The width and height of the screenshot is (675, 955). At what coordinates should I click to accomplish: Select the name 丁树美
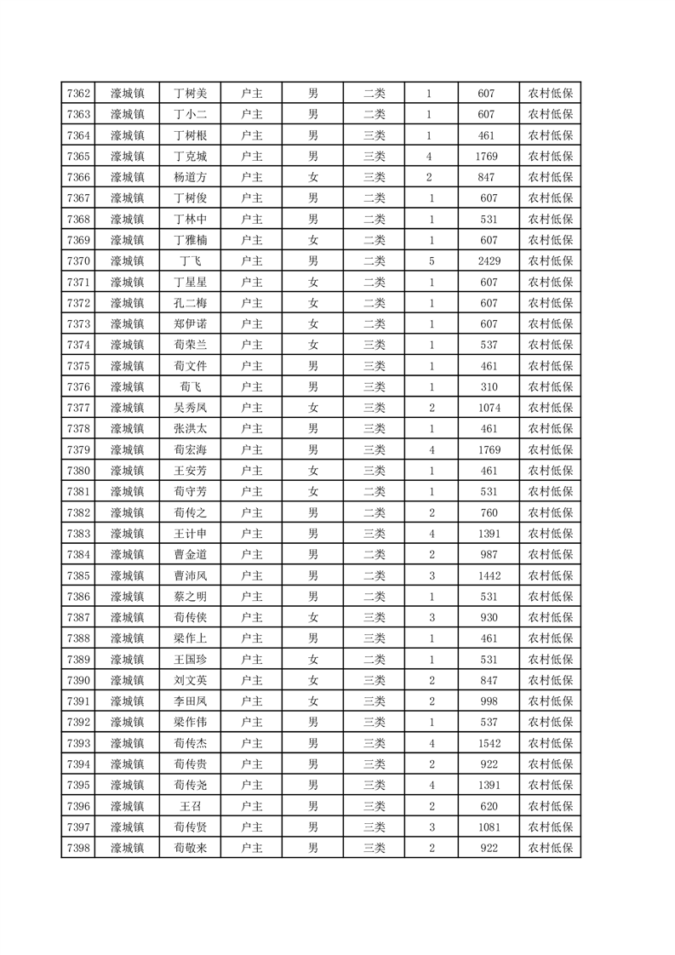click(191, 94)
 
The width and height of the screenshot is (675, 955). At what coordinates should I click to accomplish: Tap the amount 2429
click(489, 260)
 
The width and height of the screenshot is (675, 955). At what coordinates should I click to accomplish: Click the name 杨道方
click(191, 177)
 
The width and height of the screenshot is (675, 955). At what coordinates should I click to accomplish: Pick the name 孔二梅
click(191, 302)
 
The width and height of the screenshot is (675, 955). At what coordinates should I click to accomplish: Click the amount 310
click(489, 386)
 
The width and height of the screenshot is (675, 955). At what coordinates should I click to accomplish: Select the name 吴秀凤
click(191, 407)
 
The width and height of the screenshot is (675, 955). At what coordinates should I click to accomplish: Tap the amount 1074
click(489, 407)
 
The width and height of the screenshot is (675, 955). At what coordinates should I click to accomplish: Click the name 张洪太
click(191, 428)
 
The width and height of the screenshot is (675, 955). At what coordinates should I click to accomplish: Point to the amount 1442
click(489, 575)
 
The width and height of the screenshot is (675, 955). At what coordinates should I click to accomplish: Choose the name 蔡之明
click(191, 596)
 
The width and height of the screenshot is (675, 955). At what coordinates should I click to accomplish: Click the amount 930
click(489, 617)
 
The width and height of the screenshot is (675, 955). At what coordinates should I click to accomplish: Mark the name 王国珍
click(191, 659)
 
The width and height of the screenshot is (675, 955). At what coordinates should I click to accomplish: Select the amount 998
click(489, 701)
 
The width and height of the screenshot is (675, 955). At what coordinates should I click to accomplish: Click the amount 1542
click(489, 742)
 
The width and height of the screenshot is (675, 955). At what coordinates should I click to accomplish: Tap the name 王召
click(191, 805)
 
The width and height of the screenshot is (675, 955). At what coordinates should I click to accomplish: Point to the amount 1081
click(489, 826)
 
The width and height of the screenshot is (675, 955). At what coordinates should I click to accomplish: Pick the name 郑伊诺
click(191, 323)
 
